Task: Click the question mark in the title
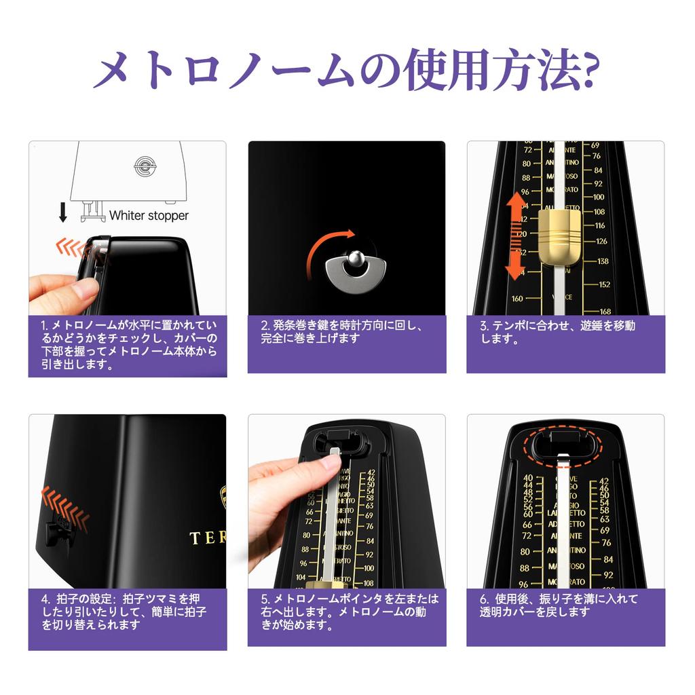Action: (585, 71)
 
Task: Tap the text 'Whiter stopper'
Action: (149, 215)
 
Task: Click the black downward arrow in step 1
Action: (63, 212)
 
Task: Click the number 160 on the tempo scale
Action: (518, 299)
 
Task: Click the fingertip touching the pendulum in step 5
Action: (331, 462)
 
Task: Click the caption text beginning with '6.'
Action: (559, 605)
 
